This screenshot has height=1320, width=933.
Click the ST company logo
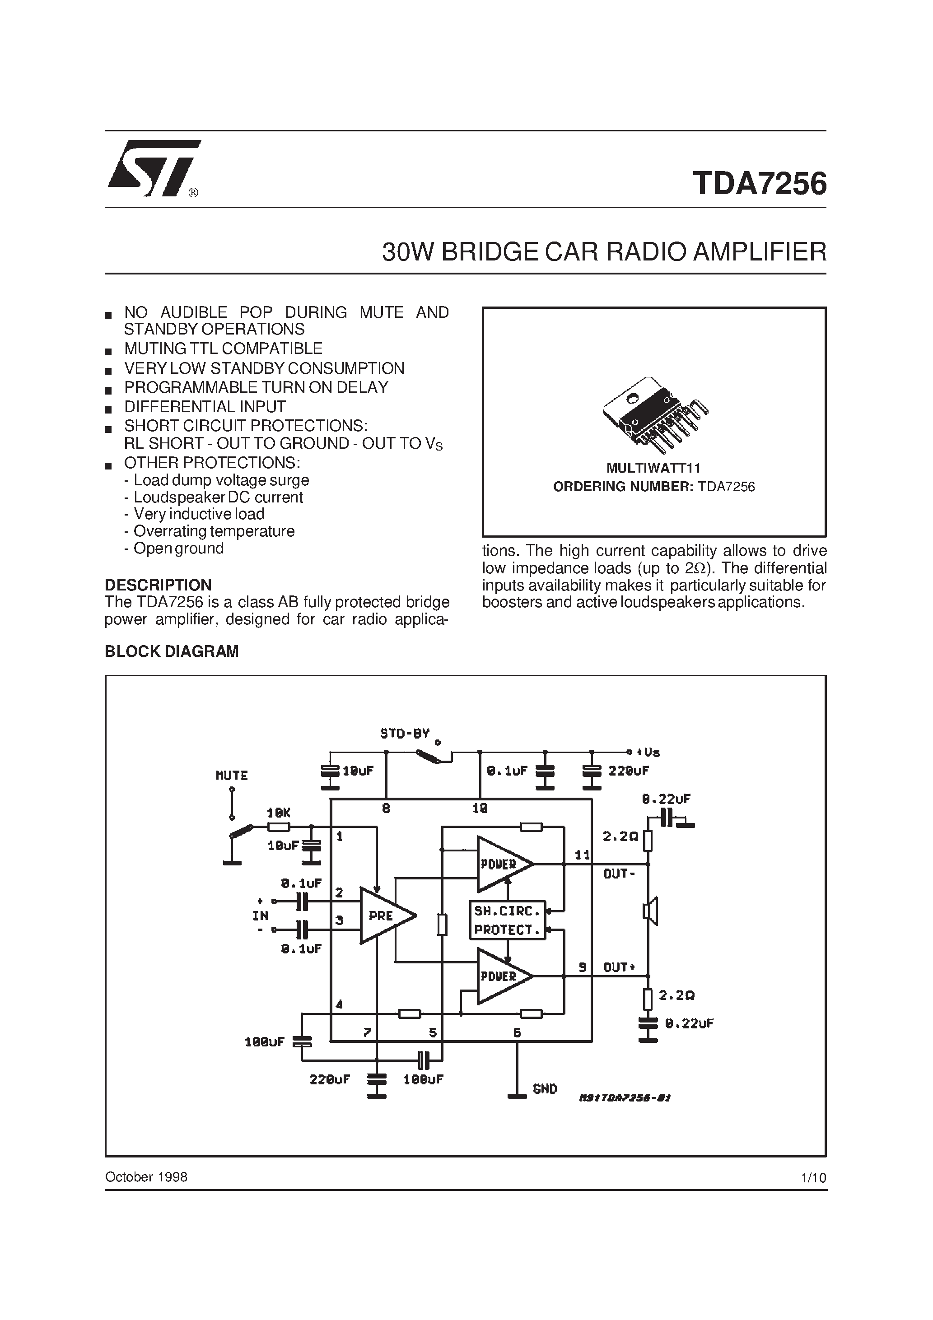pyautogui.click(x=154, y=168)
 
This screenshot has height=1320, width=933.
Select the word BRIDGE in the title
pyautogui.click(x=490, y=252)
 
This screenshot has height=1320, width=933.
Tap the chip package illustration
pyautogui.click(x=655, y=411)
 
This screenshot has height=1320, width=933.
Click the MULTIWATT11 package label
pyautogui.click(x=653, y=468)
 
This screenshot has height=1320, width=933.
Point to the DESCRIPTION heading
pyautogui.click(x=158, y=585)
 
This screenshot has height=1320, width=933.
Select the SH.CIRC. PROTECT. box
pyautogui.click(x=507, y=920)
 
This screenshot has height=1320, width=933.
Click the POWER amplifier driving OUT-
pyautogui.click(x=502, y=864)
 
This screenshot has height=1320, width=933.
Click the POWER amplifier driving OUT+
pyautogui.click(x=502, y=976)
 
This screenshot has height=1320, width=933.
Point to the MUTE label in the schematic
pyautogui.click(x=231, y=776)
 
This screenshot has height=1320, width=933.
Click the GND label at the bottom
pyautogui.click(x=545, y=1089)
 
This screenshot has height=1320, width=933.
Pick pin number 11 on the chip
pyautogui.click(x=582, y=855)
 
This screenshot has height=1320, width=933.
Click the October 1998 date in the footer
pyautogui.click(x=146, y=1177)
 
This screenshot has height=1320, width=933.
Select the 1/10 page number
pyautogui.click(x=813, y=1177)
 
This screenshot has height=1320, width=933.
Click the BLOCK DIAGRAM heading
pyautogui.click(x=172, y=651)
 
